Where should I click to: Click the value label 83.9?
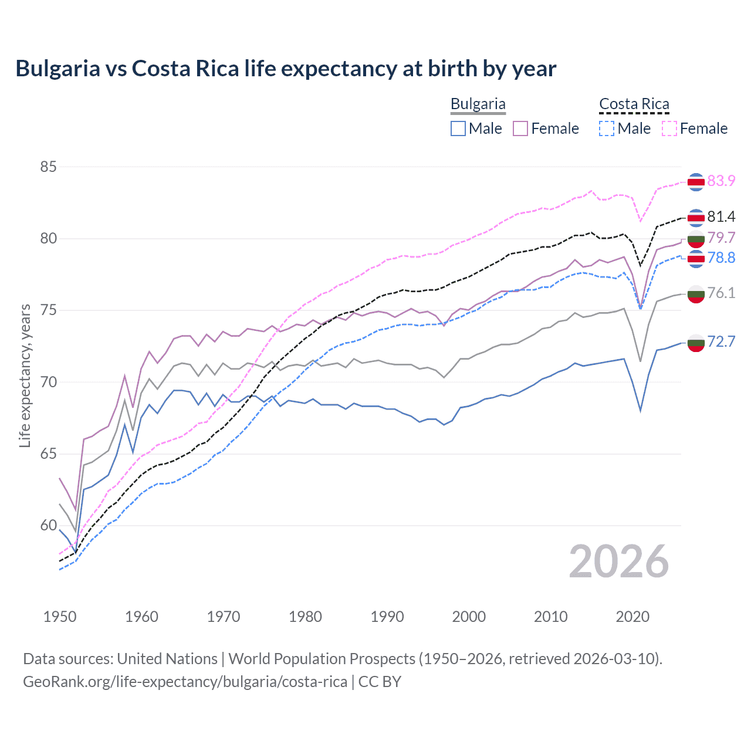coord(721,181)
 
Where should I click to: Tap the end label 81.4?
coord(721,216)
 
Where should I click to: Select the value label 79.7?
coord(721,238)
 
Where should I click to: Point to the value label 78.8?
coord(721,258)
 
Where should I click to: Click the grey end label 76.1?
coord(721,293)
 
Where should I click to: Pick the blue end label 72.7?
coord(721,341)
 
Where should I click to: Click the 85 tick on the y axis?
coord(49,167)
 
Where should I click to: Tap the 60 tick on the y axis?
coord(49,526)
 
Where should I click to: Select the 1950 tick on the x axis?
coord(60,617)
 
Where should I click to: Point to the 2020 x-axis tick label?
coord(632,617)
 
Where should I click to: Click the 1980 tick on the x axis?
coord(305,617)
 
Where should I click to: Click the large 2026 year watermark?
coord(618,562)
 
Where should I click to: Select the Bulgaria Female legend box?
coord(520,128)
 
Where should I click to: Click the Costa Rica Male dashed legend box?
coord(607,128)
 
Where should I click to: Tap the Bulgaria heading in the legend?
coord(478,104)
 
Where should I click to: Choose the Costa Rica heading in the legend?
coord(634,104)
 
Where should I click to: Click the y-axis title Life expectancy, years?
coord(25,375)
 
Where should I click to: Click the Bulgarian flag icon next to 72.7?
coord(696,343)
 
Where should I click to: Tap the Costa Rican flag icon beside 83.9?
coord(696,182)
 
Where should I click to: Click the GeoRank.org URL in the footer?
coord(185,682)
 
